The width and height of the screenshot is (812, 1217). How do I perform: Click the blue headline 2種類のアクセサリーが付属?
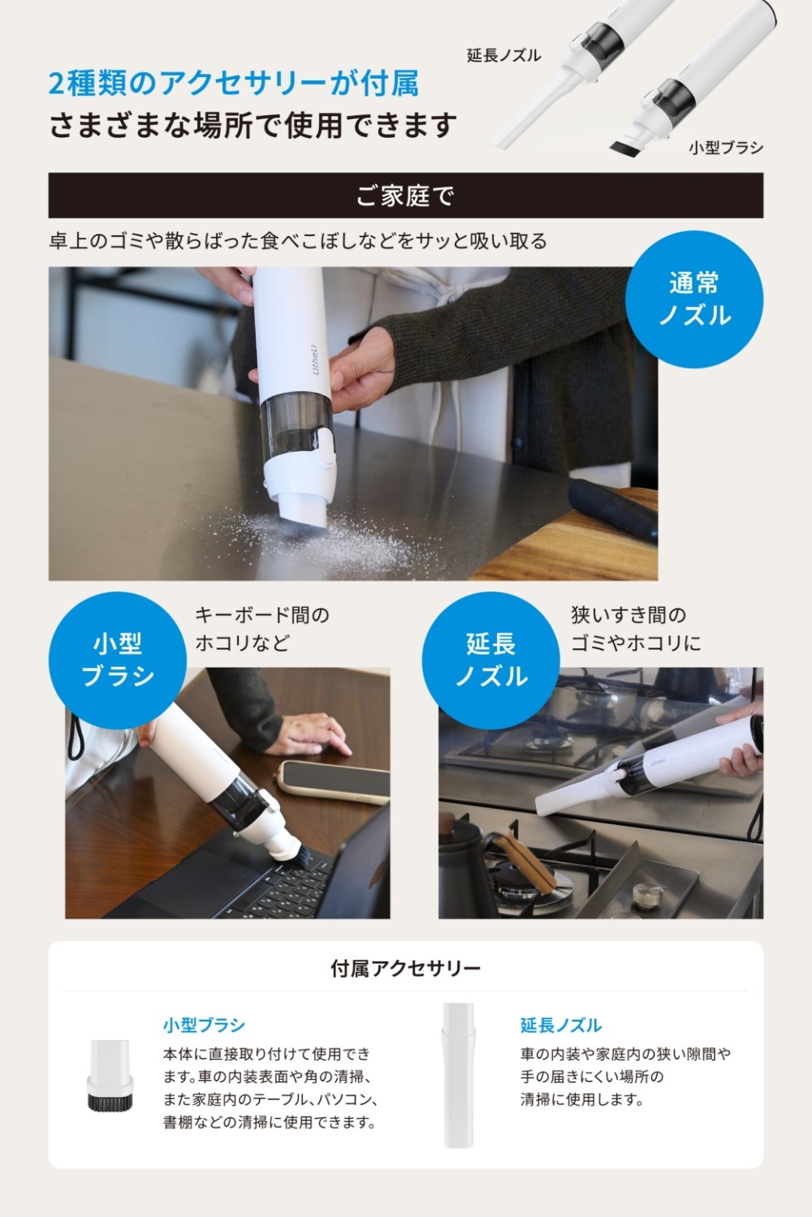click(233, 84)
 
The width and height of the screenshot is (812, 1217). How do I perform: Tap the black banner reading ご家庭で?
click(406, 196)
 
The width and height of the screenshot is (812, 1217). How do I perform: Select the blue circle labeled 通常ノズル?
click(694, 299)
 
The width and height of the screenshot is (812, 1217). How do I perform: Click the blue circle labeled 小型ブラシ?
click(118, 660)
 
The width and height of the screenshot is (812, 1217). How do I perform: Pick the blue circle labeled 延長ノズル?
click(491, 660)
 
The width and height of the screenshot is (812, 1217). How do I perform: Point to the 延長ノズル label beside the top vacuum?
click(503, 55)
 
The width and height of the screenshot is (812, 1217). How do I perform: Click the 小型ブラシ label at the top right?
click(726, 148)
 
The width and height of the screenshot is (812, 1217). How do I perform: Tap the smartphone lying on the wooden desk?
click(334, 781)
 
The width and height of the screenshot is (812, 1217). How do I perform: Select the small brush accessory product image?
click(110, 1075)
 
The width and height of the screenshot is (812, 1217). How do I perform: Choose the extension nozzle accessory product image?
click(459, 1075)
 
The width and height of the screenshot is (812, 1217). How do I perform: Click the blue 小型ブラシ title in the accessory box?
click(204, 1026)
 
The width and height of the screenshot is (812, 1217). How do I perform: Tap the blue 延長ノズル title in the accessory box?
click(561, 1026)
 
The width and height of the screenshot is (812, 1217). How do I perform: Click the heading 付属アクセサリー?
click(406, 968)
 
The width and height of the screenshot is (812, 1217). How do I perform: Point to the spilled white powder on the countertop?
click(337, 538)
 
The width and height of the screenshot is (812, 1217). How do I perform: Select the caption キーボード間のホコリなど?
click(262, 629)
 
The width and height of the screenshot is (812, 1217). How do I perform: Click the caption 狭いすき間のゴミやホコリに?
click(636, 629)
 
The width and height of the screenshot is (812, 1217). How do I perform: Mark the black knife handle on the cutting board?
click(613, 510)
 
